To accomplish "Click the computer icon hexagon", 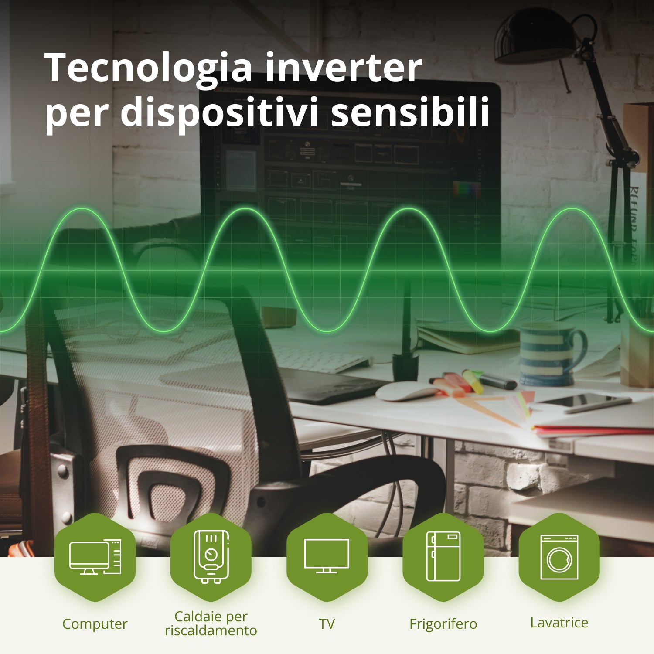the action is click(x=95, y=557).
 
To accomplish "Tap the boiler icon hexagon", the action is click(x=211, y=557).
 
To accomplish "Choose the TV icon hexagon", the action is click(x=327, y=557).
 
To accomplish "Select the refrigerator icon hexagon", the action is click(x=443, y=557).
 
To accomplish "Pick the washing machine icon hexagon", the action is click(x=559, y=557).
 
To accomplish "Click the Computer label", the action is click(x=95, y=624).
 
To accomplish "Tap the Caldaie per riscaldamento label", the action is click(x=211, y=623).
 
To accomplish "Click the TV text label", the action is click(x=327, y=623).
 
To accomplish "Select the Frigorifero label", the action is click(x=443, y=624).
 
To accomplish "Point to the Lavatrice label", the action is click(x=559, y=623).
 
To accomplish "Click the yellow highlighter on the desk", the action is click(x=473, y=381).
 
